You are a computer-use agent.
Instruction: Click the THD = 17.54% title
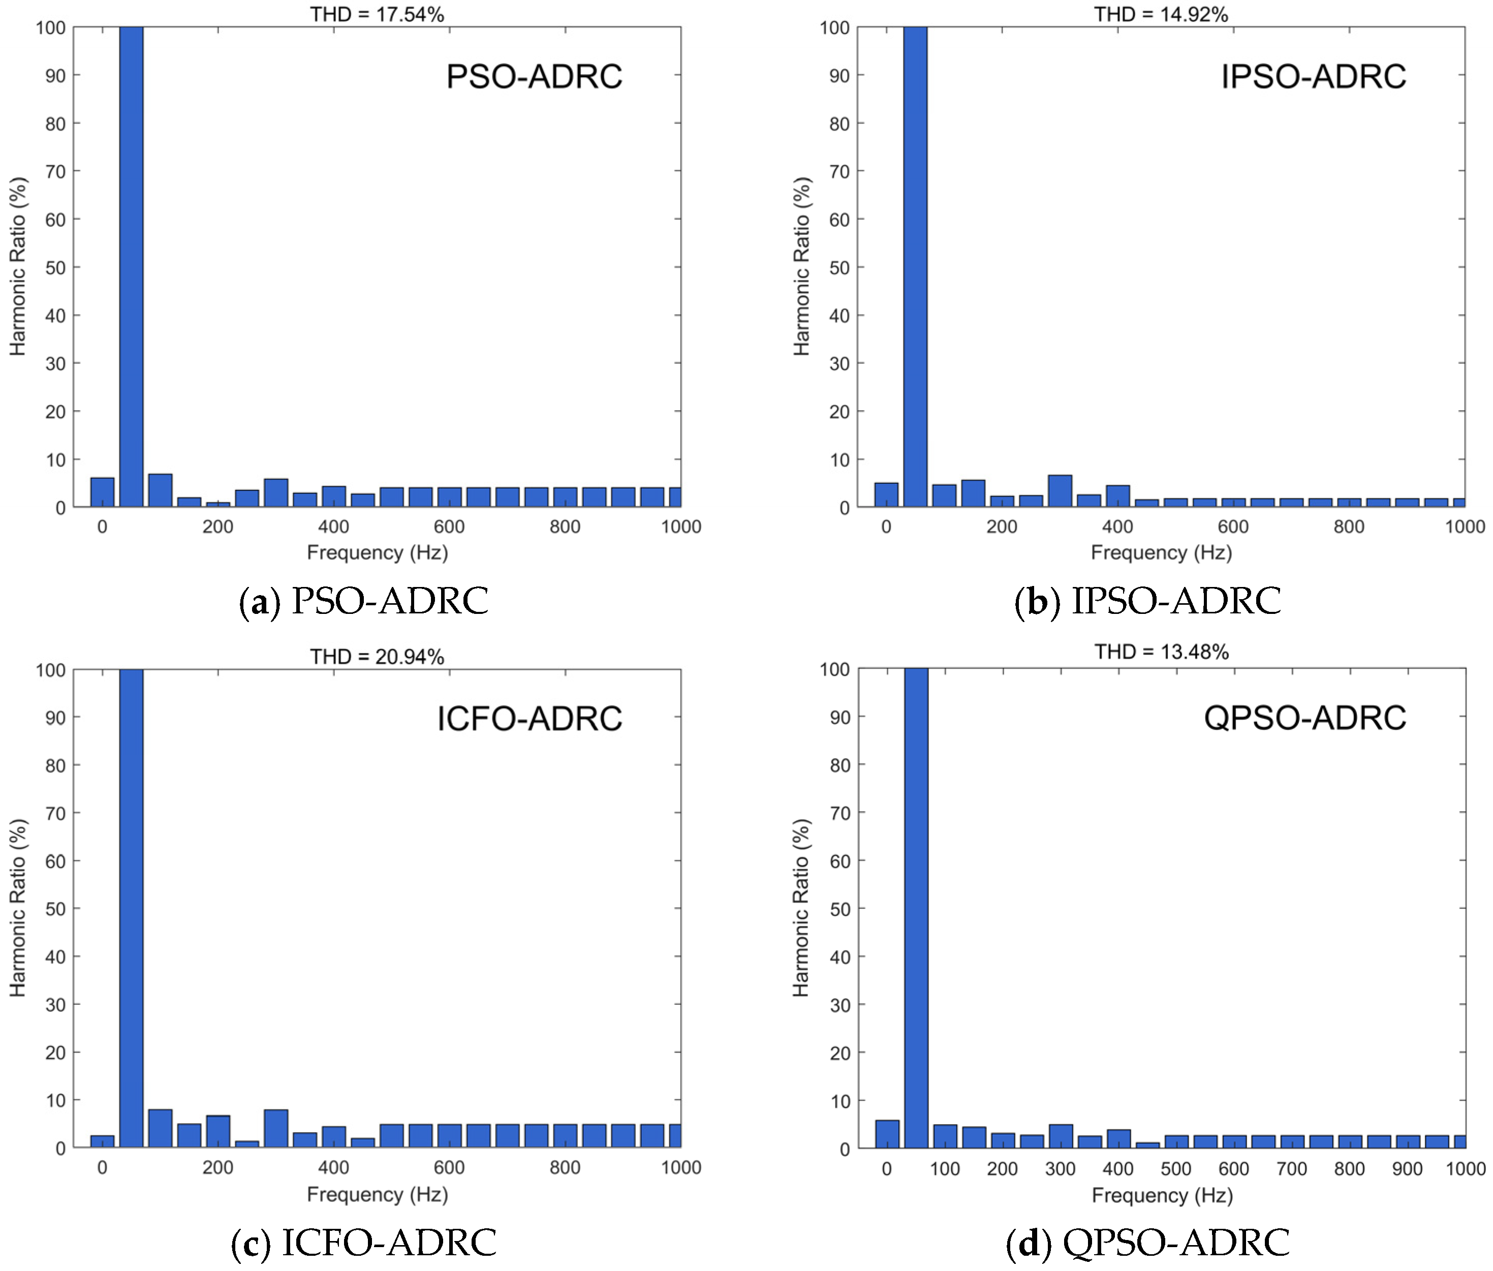[x=377, y=14]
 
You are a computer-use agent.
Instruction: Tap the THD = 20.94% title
[x=377, y=657]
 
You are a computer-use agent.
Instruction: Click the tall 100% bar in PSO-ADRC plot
[x=131, y=267]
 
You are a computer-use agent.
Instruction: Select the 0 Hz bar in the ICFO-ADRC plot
[x=102, y=1141]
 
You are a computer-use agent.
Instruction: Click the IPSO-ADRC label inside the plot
[x=1313, y=76]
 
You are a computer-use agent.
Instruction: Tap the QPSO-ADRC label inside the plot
[x=1305, y=718]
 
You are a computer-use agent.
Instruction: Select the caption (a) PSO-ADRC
[x=364, y=601]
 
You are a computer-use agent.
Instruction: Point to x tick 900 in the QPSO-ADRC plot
[x=1407, y=1169]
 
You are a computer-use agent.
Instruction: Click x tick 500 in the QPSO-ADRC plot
[x=1175, y=1169]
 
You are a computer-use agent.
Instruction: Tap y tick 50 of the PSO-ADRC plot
[x=55, y=267]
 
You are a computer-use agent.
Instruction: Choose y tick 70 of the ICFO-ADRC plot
[x=55, y=814]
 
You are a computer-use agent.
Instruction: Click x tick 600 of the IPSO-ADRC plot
[x=1233, y=526]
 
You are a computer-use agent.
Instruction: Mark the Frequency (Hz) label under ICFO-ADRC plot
[x=377, y=1195]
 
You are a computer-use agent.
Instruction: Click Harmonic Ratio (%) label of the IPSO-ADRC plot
[x=801, y=267]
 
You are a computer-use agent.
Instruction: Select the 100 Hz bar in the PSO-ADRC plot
[x=160, y=491]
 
